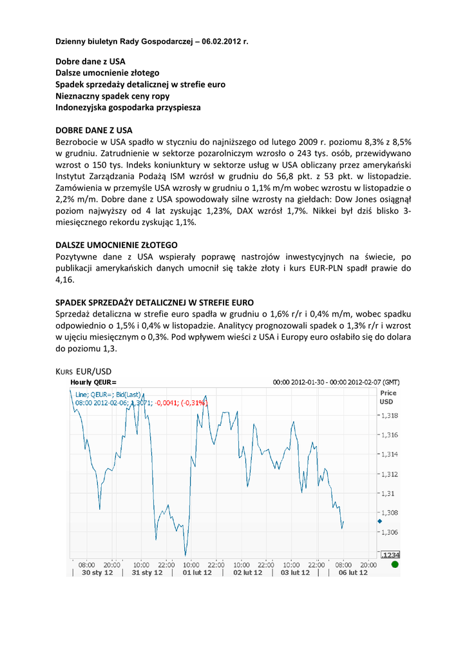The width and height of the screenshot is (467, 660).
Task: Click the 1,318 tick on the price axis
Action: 389,415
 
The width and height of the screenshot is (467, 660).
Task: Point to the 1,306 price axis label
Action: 389,532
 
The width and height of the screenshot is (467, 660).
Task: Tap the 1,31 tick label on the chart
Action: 387,493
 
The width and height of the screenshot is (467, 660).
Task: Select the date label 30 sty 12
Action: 97,572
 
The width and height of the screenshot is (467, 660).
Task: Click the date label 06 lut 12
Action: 352,572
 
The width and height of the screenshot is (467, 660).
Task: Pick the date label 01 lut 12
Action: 197,572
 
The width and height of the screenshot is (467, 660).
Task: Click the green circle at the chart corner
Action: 395,564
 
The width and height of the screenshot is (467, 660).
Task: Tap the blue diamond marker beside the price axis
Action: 379,521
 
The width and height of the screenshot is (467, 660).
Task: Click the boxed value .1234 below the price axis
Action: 390,554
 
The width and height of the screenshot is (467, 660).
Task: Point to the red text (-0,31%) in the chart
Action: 193,403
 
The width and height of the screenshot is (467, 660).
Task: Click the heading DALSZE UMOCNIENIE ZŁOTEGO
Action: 116,245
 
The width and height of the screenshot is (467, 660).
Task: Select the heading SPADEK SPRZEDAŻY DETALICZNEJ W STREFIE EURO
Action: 155,302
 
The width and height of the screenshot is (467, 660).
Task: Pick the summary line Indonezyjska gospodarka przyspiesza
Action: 128,108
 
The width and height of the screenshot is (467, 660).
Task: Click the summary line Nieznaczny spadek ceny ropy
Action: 113,96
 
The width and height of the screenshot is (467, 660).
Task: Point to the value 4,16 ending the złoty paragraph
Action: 64,280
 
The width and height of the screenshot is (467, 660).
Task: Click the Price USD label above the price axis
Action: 388,397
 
